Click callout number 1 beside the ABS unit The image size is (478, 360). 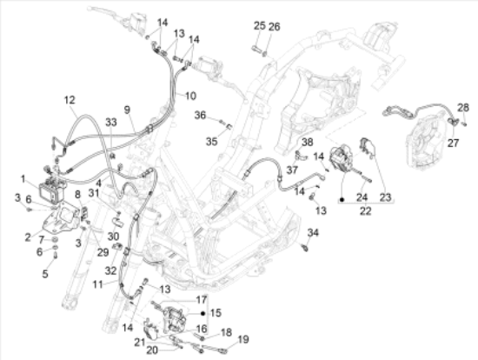pos(23,179)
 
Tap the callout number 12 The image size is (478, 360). pos(70,100)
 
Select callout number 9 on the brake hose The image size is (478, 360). pos(127,110)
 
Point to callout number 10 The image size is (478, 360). pos(190,96)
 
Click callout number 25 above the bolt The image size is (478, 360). pos(260,25)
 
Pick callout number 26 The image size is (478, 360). pos(274,27)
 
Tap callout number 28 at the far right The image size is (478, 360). pos(463,107)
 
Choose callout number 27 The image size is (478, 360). pos(454,143)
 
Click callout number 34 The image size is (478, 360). pos(313,232)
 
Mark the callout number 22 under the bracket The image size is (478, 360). pos(366,210)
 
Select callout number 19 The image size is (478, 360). pos(243,339)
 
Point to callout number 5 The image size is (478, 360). pos(45,274)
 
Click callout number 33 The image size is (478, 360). pos(111,122)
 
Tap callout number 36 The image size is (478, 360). pos(200,116)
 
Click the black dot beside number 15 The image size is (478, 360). pos(203,313)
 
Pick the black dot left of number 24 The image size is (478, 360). pos(342,200)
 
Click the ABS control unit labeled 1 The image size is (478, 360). pos(52,190)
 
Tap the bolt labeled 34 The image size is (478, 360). pos(304,248)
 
